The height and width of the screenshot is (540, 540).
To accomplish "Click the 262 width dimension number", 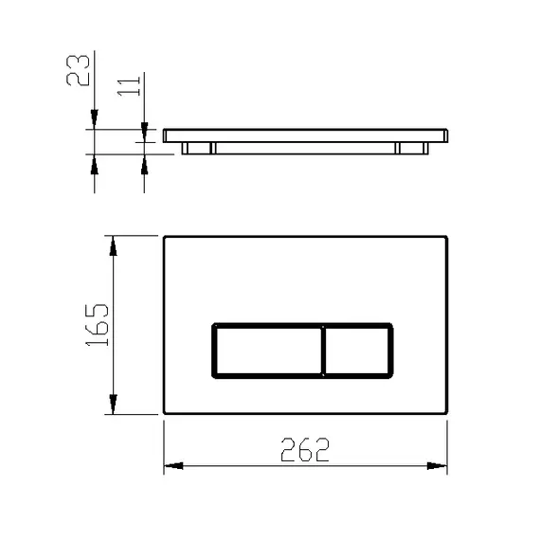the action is [305, 449].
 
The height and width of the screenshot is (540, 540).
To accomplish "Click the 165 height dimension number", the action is [98, 325].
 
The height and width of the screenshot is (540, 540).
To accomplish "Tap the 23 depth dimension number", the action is [78, 70].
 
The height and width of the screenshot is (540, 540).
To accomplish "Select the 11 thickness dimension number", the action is [129, 86].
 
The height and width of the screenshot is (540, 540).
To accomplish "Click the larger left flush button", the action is [268, 351].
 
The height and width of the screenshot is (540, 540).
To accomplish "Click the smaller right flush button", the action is [357, 351].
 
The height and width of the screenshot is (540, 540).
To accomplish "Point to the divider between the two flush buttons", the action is [323, 351].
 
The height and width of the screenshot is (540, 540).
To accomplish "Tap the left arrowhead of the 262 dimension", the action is [173, 466].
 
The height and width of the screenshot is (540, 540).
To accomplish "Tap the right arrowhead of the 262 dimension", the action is [437, 466].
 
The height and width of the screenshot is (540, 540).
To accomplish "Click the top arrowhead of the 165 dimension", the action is [113, 246].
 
